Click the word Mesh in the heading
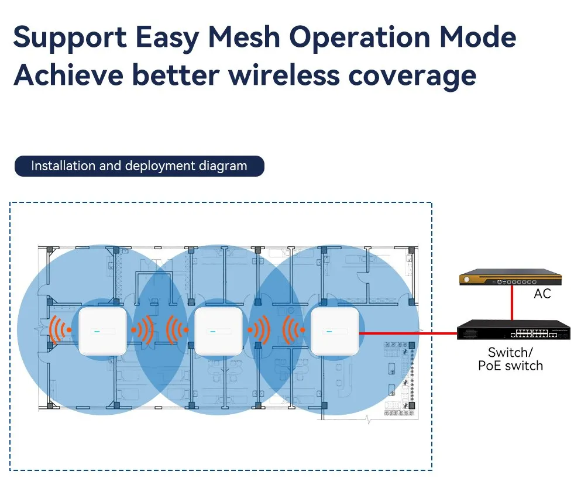click(243, 37)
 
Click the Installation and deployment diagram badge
click(139, 166)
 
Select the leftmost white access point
click(103, 331)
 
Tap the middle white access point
click(218, 331)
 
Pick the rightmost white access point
click(334, 331)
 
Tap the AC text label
click(542, 294)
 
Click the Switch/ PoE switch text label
click(511, 359)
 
